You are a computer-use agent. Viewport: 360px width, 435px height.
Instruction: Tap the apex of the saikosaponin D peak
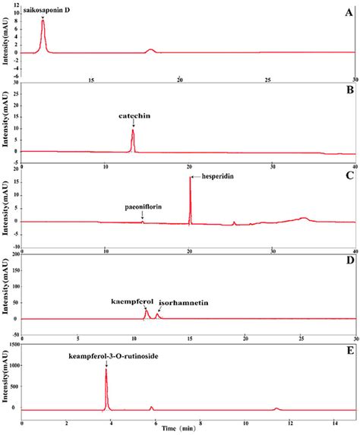pos(43,20)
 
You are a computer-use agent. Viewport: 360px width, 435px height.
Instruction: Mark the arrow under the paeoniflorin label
pos(142,216)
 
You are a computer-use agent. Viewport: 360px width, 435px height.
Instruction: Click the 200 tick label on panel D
pos(14,256)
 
